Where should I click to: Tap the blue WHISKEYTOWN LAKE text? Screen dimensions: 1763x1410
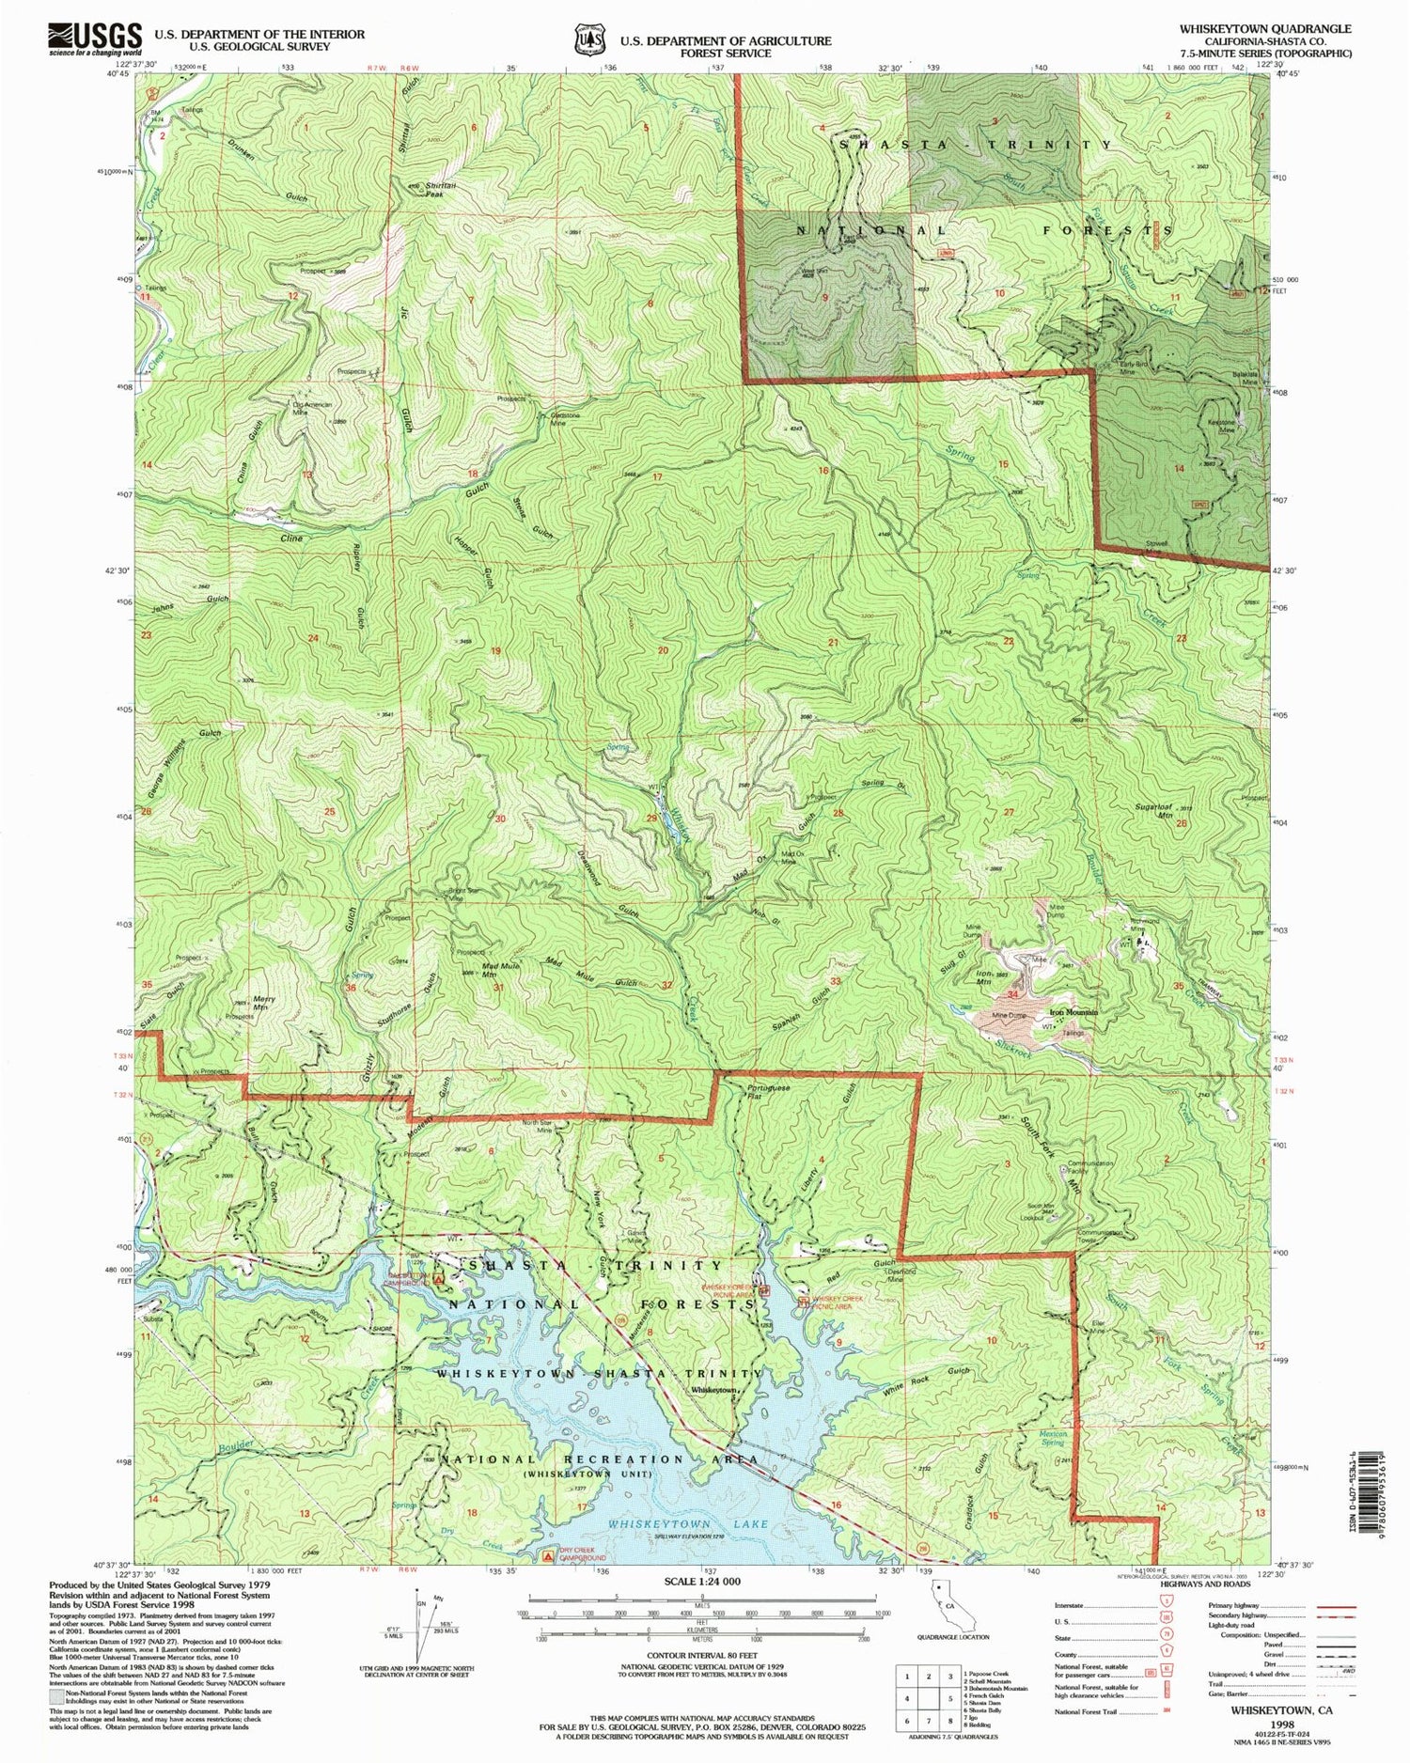coord(687,1523)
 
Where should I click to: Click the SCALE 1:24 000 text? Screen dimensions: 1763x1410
coord(702,1581)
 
